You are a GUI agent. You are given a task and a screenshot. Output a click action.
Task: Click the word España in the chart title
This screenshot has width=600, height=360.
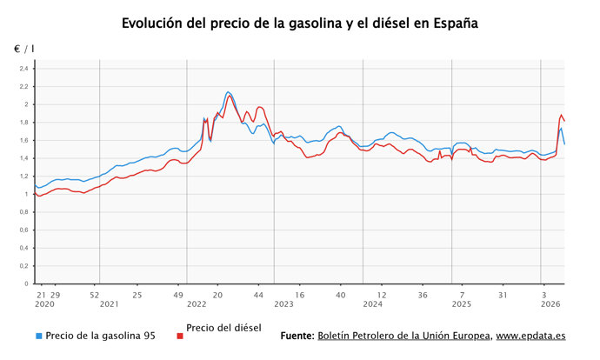click(x=454, y=23)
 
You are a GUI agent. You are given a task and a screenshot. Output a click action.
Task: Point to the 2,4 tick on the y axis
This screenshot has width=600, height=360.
click(x=23, y=69)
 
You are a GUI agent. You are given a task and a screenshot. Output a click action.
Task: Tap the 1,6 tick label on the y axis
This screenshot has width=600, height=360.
click(x=23, y=140)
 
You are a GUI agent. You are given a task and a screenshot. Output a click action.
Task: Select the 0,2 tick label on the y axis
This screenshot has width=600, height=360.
click(x=23, y=265)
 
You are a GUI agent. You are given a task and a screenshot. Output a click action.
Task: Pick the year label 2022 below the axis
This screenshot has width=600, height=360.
click(x=197, y=304)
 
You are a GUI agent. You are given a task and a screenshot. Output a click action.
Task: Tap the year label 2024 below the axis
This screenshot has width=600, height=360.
click(x=372, y=304)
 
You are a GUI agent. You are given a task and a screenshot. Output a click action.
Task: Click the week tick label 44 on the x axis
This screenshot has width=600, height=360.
click(x=258, y=294)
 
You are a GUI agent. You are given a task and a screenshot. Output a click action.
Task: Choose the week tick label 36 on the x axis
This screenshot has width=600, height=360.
click(x=423, y=294)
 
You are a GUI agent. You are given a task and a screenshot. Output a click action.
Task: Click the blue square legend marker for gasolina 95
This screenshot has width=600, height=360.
click(x=38, y=336)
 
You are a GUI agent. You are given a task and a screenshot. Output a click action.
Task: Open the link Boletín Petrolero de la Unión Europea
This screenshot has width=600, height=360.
click(x=404, y=336)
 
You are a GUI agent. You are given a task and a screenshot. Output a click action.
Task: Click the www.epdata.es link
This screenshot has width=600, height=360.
click(x=531, y=336)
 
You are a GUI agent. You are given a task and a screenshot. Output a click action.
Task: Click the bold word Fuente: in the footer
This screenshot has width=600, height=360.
click(x=297, y=336)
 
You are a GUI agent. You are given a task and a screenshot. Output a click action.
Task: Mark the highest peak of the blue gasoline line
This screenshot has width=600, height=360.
click(x=228, y=91)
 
